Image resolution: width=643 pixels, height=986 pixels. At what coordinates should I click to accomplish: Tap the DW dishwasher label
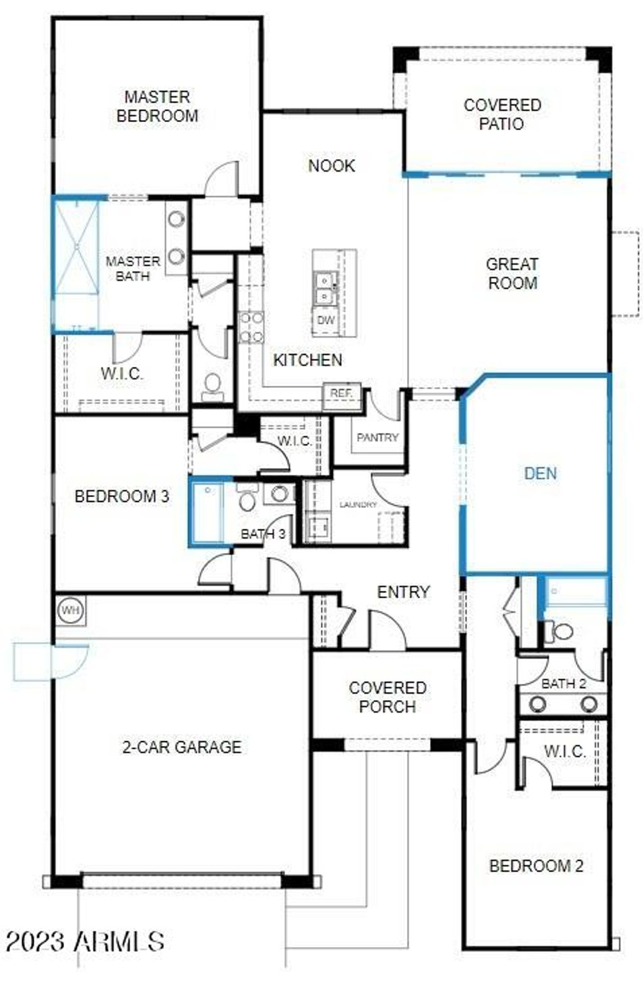325,320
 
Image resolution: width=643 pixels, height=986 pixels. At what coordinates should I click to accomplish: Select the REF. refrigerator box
342,393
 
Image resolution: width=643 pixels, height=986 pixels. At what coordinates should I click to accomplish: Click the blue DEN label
540,474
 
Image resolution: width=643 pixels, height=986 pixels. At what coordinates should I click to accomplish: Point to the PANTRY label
377,437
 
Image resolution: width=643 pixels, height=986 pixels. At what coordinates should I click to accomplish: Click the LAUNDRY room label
357,505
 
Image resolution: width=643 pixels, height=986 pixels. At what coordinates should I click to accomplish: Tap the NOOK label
331,166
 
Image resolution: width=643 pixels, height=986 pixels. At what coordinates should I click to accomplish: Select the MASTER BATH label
132,268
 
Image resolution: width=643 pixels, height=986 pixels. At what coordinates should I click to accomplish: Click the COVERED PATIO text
502,114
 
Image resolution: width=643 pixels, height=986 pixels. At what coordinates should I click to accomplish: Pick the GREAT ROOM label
512,273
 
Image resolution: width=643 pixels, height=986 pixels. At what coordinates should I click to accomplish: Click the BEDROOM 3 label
121,496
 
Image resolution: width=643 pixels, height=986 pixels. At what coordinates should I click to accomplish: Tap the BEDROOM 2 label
536,866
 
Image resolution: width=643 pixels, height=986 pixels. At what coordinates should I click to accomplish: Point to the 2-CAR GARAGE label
181,747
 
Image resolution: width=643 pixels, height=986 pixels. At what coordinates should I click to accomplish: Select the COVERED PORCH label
387,698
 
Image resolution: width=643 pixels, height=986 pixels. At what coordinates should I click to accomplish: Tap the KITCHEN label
308,360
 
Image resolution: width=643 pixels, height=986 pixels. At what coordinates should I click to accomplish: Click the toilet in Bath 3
247,498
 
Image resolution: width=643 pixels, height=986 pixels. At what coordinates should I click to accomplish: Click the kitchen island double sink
325,287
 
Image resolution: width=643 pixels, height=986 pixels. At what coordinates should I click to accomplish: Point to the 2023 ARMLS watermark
85,941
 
